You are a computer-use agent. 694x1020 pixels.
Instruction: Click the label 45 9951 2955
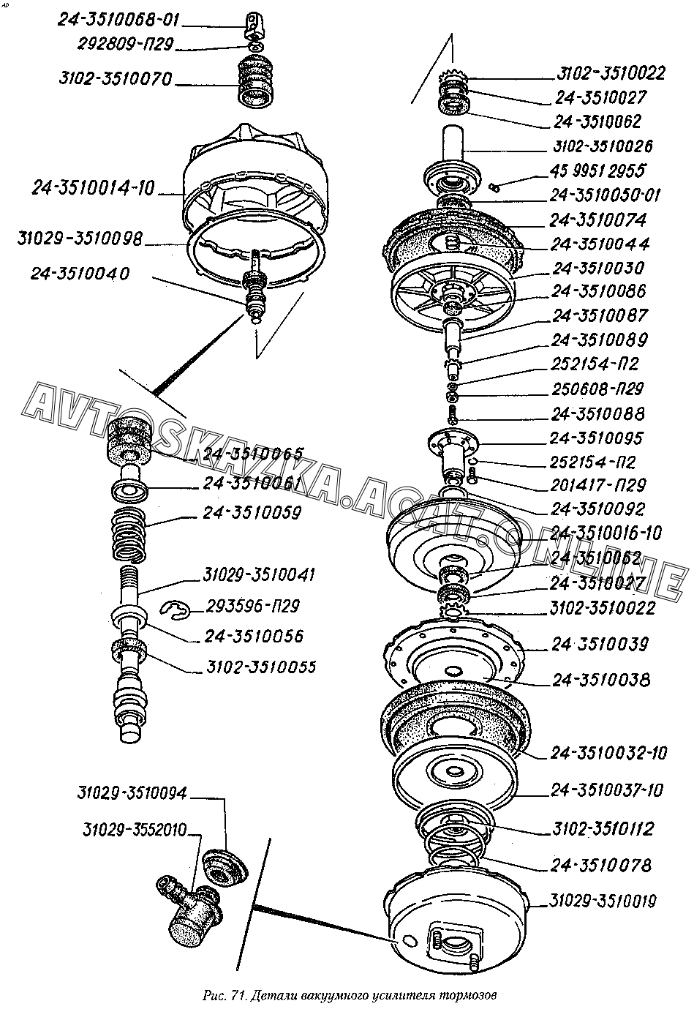pyautogui.click(x=598, y=171)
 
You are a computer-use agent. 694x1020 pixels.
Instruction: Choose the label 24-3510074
pyautogui.click(x=600, y=220)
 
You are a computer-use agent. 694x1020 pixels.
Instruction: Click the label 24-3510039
pyautogui.click(x=600, y=645)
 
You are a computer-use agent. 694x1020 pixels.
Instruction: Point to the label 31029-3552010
pyautogui.click(x=134, y=830)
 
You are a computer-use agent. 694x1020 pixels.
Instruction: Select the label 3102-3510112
pyautogui.click(x=603, y=829)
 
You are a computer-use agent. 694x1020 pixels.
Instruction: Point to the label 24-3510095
pyautogui.click(x=597, y=438)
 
